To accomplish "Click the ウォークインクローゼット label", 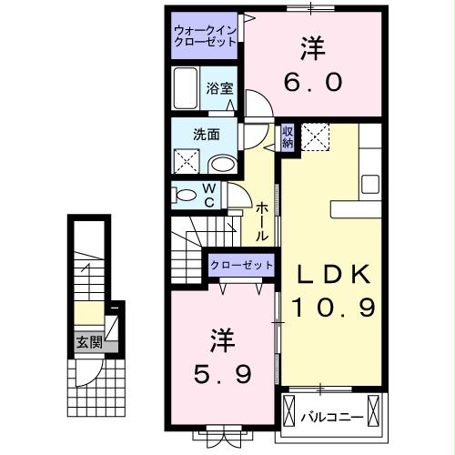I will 205,35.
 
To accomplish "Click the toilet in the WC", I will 185,195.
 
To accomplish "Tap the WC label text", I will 209,195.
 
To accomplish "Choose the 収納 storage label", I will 288,137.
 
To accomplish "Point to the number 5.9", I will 220,373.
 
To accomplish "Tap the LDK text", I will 331,274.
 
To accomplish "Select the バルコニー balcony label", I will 332,417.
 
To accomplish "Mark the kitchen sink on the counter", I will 370,183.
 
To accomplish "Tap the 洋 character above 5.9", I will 223,340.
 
